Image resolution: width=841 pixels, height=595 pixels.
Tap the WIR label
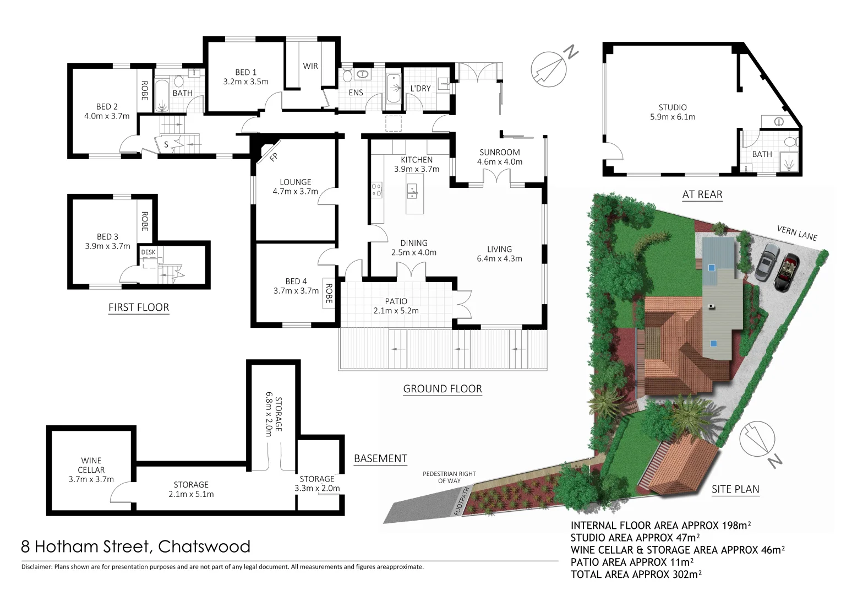[x=310, y=66]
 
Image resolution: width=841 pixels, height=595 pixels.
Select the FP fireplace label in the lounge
[x=274, y=157]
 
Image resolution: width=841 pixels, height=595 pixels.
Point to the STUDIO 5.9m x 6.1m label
[x=672, y=112]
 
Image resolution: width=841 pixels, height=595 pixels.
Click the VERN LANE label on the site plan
[x=797, y=233]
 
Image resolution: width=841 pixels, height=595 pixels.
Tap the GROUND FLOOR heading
[x=442, y=389]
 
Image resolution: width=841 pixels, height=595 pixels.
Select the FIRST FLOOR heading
[x=138, y=307]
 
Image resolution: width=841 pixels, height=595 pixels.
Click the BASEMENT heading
[x=380, y=458]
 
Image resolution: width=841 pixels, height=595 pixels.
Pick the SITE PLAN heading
[x=735, y=489]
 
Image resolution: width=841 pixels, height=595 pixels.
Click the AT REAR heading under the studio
[x=702, y=194]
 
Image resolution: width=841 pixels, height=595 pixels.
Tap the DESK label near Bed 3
[x=148, y=252]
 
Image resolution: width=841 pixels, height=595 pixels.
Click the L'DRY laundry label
[x=420, y=89]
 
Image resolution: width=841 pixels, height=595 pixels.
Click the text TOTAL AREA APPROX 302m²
[x=636, y=574]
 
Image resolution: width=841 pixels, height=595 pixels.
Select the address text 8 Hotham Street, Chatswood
[x=135, y=547]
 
